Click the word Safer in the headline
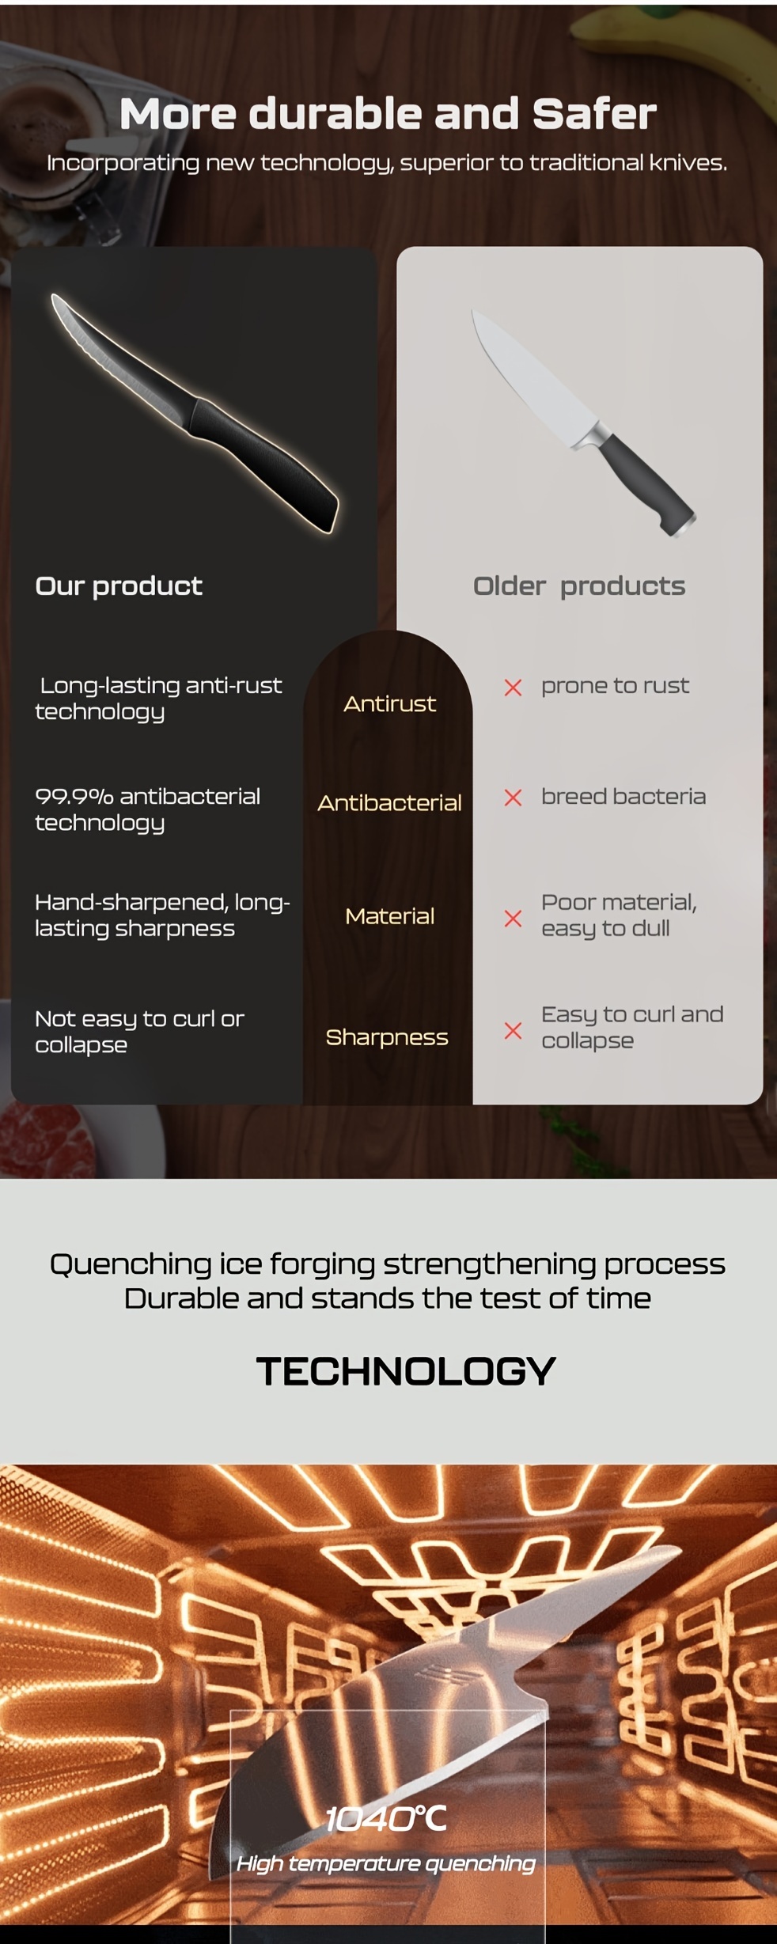coord(594,114)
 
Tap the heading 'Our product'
coord(119,586)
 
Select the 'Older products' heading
coord(579,586)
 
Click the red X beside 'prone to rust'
coord(513,688)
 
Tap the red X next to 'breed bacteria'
coord(513,798)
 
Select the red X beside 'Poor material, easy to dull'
coord(513,919)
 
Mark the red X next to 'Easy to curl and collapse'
coord(513,1031)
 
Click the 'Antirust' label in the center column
coord(389,704)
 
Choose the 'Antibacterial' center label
coord(389,803)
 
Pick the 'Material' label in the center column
coord(390,916)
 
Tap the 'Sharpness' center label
coord(387,1037)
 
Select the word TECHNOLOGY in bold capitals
coord(406,1371)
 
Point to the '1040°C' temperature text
coord(386,1819)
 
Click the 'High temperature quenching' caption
coord(386,1864)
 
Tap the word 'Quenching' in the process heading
coord(131,1265)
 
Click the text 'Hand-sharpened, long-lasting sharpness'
coord(162,915)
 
